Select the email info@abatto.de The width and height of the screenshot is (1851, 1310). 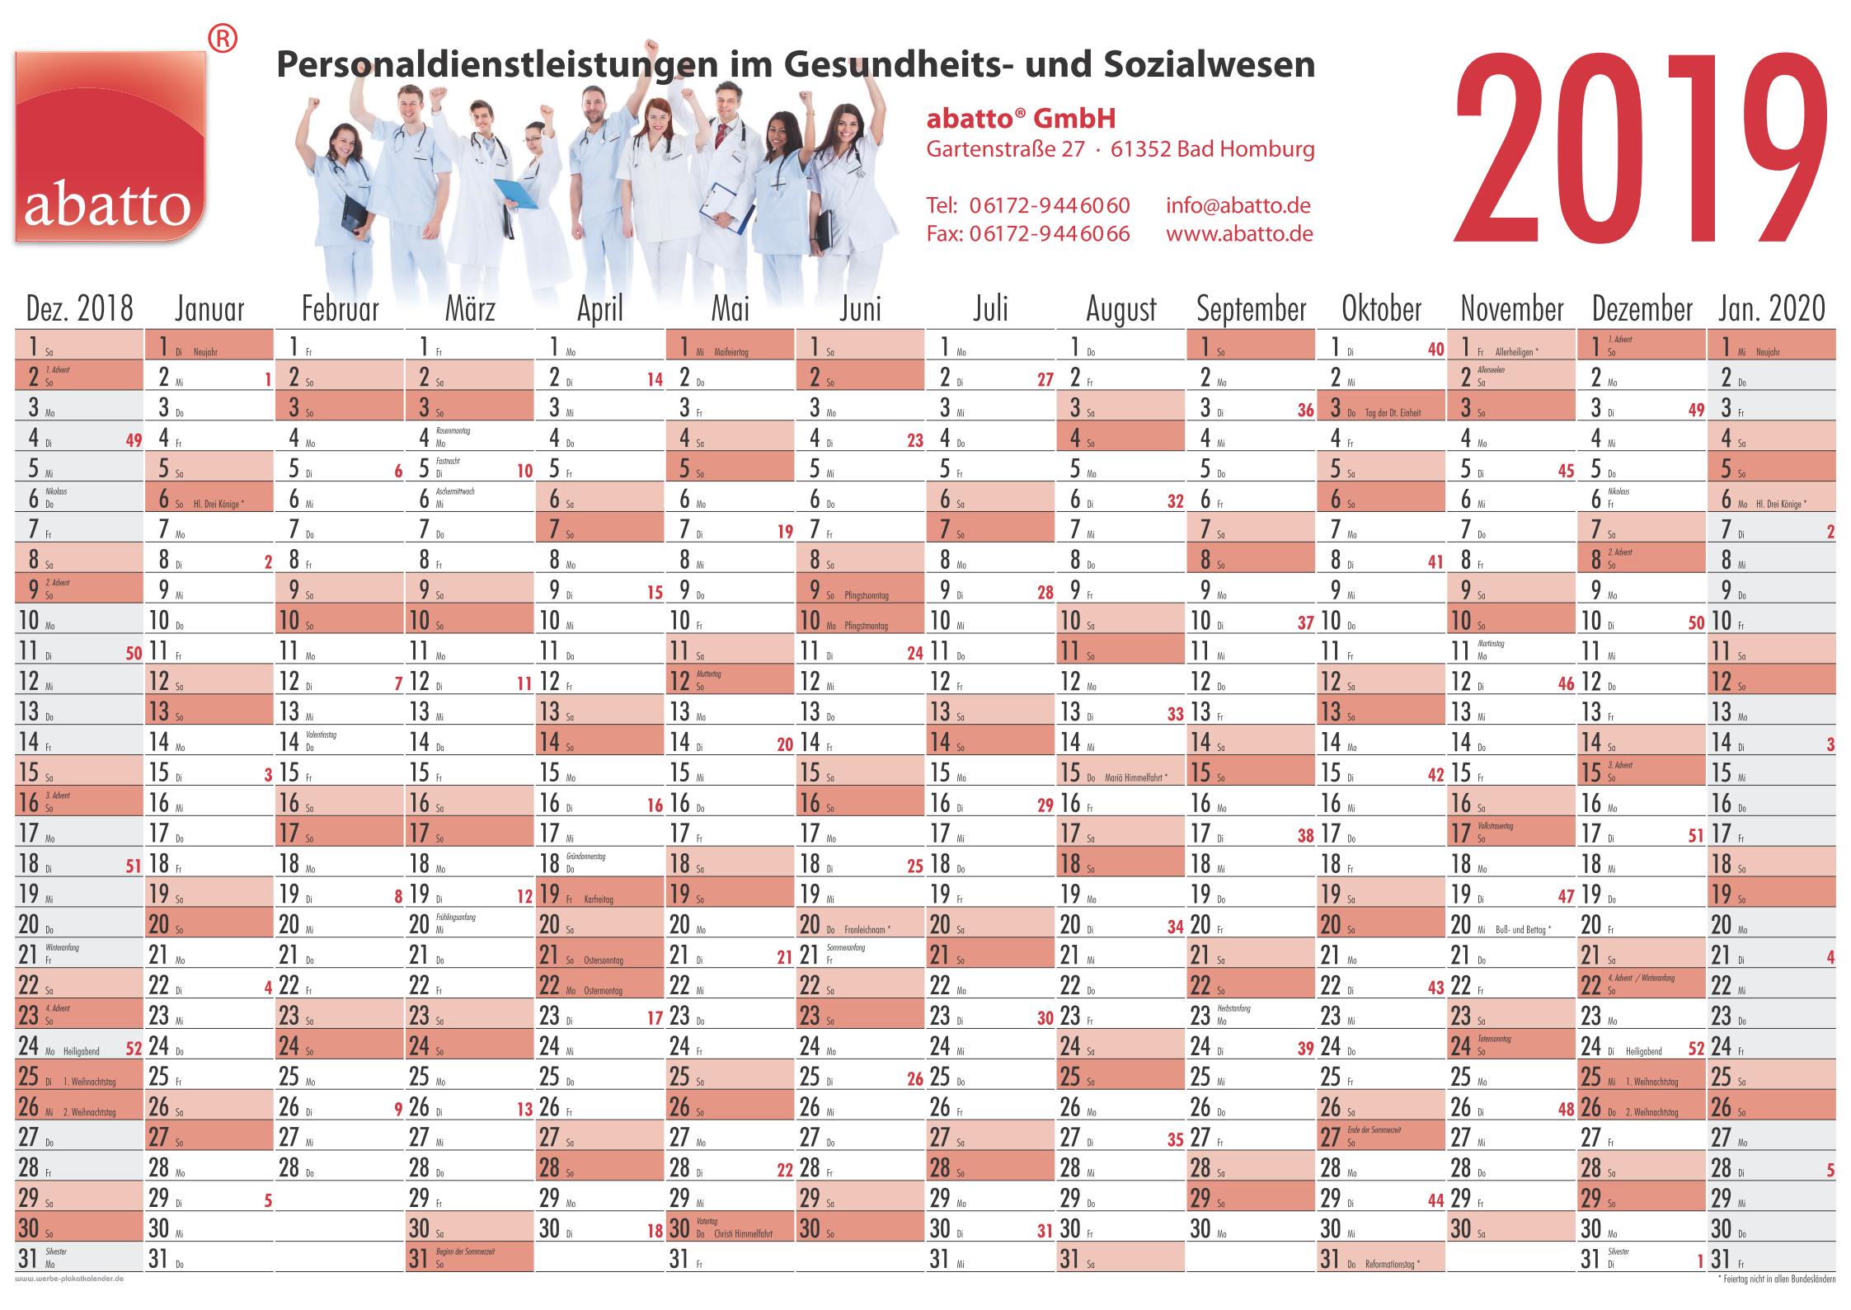(x=1238, y=205)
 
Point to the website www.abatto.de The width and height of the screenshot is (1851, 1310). (x=1238, y=233)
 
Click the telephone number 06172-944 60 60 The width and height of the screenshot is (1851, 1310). (x=1049, y=205)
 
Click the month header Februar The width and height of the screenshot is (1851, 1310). (x=340, y=309)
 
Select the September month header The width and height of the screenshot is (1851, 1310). (x=1251, y=309)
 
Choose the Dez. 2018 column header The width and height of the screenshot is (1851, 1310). (x=79, y=309)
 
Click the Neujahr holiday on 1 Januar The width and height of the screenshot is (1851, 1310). (x=205, y=352)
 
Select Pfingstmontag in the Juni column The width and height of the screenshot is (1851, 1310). (x=866, y=627)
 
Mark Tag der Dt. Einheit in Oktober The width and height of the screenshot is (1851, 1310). (x=1393, y=413)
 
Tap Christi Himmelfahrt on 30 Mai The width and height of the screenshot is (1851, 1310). (x=744, y=1234)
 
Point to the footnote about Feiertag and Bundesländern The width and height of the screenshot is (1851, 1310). (x=1777, y=1279)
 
